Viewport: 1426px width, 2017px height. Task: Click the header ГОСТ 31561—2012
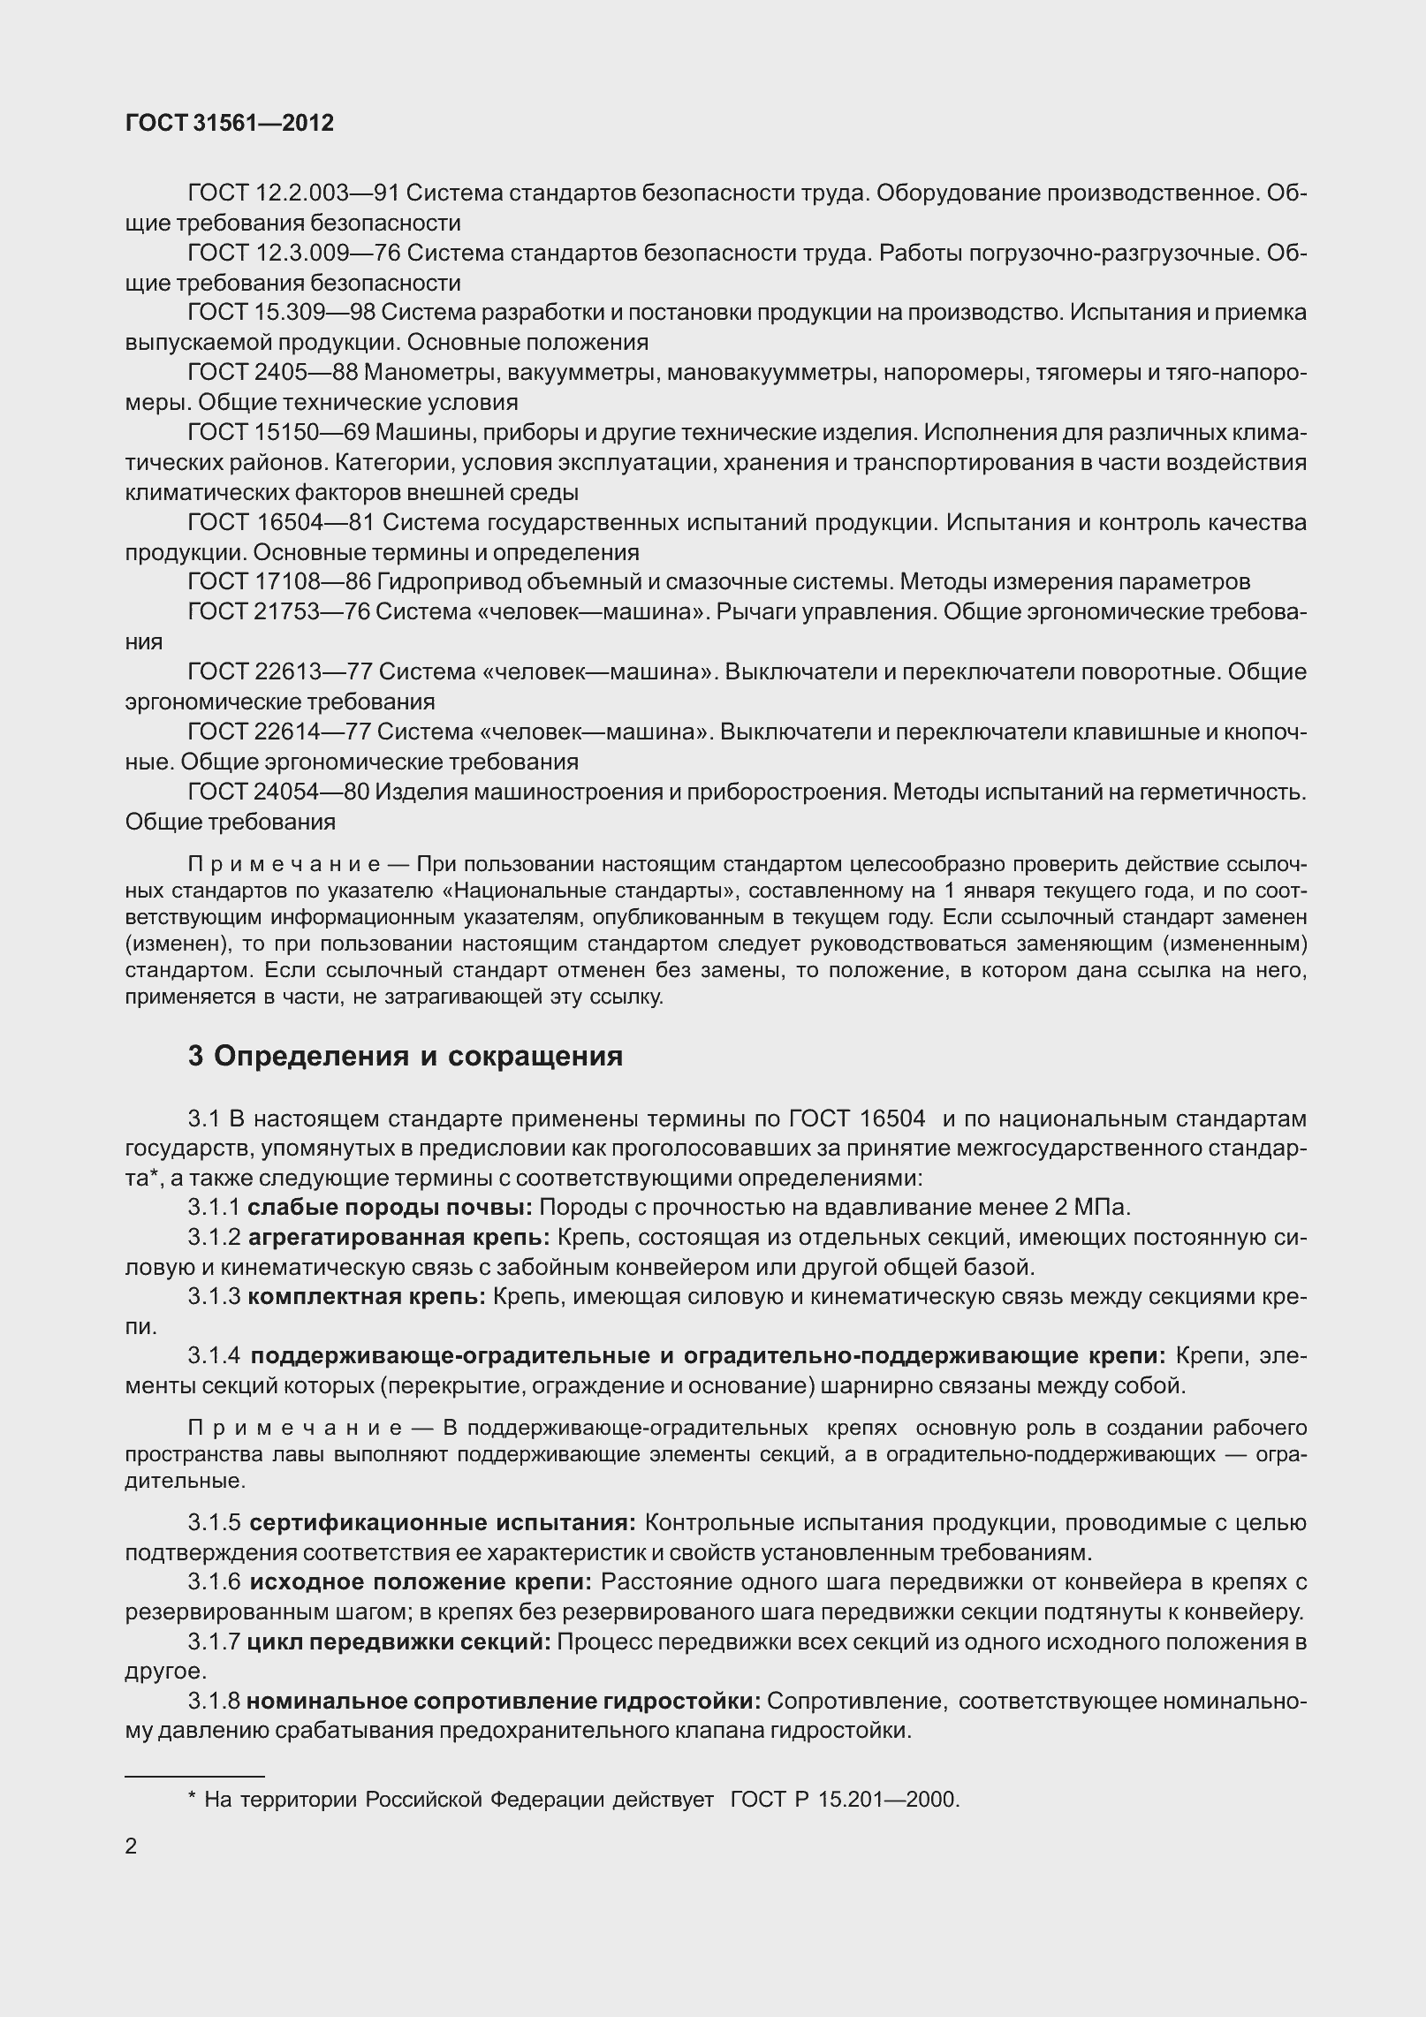[x=230, y=124]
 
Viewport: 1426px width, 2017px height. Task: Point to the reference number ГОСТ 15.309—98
[x=282, y=313]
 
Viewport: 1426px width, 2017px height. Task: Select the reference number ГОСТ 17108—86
[x=278, y=582]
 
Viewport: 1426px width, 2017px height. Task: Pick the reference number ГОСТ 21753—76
[x=277, y=612]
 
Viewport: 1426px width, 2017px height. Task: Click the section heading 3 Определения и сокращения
[x=405, y=1057]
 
